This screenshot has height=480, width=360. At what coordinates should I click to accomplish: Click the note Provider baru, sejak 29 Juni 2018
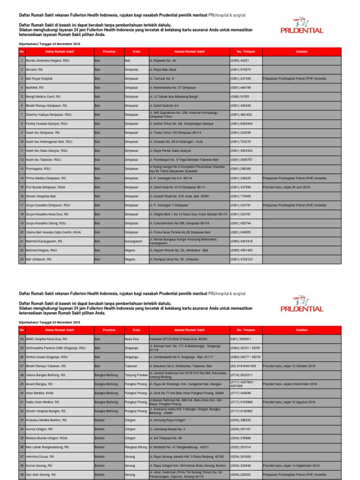tap(286, 187)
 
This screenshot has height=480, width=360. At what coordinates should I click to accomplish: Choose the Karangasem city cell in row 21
tap(134, 241)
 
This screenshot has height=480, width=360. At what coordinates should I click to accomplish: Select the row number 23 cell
tap(22, 259)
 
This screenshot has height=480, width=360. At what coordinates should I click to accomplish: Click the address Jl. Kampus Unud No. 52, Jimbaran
tap(174, 259)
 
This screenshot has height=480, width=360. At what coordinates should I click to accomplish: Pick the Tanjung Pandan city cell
tap(136, 375)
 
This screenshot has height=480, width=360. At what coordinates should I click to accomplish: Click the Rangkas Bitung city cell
tap(136, 447)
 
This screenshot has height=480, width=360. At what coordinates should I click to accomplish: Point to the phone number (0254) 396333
tap(240, 420)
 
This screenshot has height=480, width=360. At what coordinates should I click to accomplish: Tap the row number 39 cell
tap(22, 474)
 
